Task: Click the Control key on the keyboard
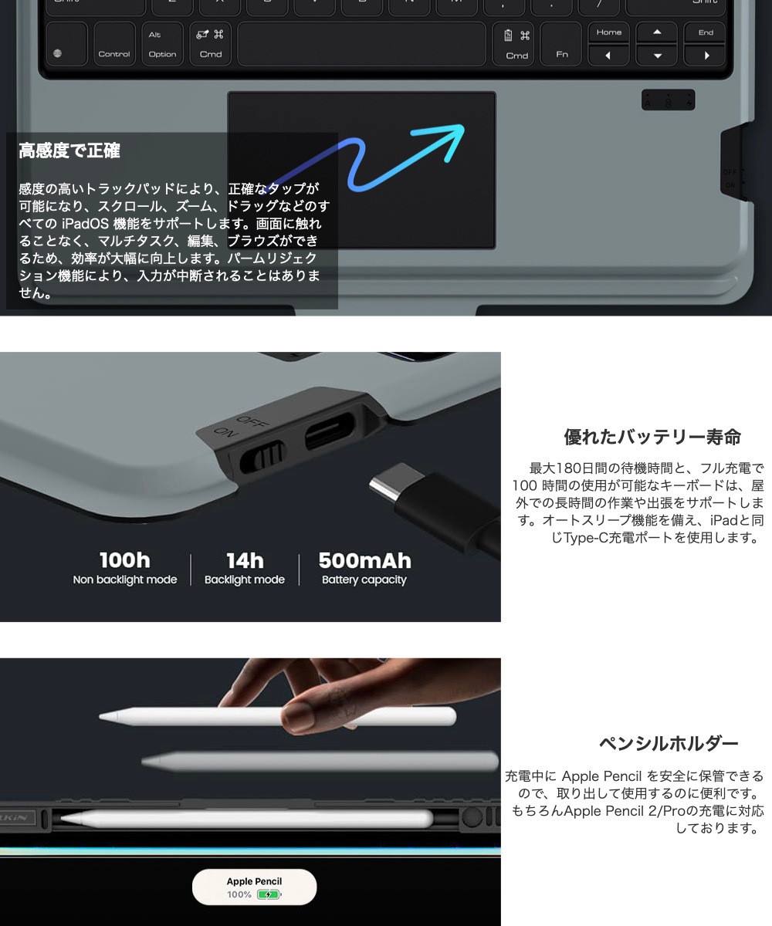click(x=113, y=45)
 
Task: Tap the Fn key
click(x=561, y=45)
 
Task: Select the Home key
click(x=608, y=32)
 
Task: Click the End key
click(x=706, y=32)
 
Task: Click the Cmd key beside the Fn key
click(x=516, y=45)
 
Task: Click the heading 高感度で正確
click(x=69, y=151)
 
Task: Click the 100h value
click(x=125, y=560)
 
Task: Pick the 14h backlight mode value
click(x=245, y=560)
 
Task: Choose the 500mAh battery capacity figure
click(x=364, y=560)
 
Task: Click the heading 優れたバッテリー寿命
click(x=652, y=438)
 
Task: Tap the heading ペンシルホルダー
click(x=669, y=744)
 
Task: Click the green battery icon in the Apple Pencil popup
click(x=268, y=895)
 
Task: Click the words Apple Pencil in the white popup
click(x=254, y=881)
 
